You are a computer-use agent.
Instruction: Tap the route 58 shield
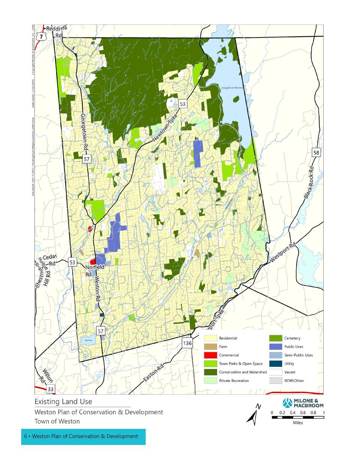pos(316,152)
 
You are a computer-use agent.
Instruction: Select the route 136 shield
pos(187,343)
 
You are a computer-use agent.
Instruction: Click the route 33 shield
pos(51,389)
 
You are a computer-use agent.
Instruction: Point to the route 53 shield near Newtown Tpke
pos(182,104)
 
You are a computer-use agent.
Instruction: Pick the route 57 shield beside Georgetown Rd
pos(87,159)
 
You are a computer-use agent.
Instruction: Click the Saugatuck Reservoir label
pos(232,87)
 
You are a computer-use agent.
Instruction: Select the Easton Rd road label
pos(154,374)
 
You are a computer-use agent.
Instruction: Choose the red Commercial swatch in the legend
pos(210,355)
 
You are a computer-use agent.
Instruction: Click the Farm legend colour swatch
pos(210,347)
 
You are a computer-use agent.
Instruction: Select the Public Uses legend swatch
pos(276,347)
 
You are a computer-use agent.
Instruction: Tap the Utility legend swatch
pos(276,364)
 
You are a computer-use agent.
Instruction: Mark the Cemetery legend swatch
pos(276,338)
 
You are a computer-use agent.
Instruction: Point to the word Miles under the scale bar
pos(298,423)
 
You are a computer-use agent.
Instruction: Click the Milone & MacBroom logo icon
pos(288,403)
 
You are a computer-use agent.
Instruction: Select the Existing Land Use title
pos(63,401)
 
